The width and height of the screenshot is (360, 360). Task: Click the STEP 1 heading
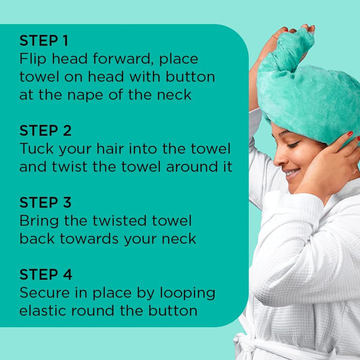tap(44, 40)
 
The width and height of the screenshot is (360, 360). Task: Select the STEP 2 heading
tap(45, 130)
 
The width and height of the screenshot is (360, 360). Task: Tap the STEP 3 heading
tap(45, 202)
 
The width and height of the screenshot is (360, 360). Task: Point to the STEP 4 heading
tap(45, 274)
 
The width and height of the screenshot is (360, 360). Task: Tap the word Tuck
tap(36, 149)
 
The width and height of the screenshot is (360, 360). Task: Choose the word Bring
tap(41, 221)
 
